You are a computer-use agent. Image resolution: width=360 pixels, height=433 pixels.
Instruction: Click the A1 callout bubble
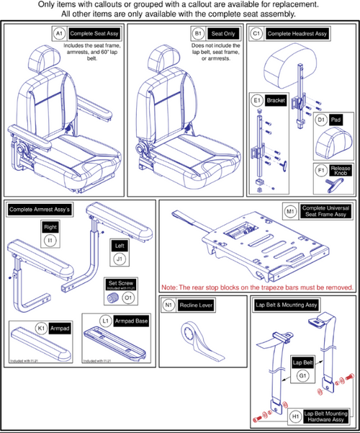(59, 33)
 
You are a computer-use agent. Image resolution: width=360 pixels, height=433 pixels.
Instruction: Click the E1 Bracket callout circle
(257, 99)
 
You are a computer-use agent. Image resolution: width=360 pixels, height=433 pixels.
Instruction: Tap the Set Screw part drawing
(113, 298)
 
